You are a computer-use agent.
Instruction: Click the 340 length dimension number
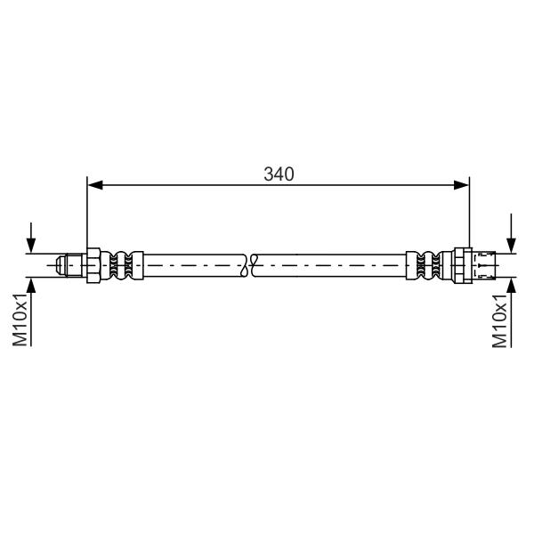click(x=279, y=174)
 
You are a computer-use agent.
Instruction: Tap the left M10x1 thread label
click(x=20, y=320)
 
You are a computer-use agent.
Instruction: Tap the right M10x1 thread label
click(x=499, y=320)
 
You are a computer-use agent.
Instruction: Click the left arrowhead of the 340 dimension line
click(x=95, y=185)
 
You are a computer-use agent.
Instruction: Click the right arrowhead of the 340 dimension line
click(x=461, y=185)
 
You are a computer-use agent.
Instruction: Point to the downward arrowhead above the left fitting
click(x=31, y=246)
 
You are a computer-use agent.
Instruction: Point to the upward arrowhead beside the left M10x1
click(x=31, y=286)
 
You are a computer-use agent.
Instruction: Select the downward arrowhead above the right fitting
click(x=511, y=246)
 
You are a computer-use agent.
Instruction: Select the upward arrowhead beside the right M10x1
click(x=511, y=286)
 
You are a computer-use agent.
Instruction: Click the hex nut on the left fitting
click(x=93, y=265)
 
